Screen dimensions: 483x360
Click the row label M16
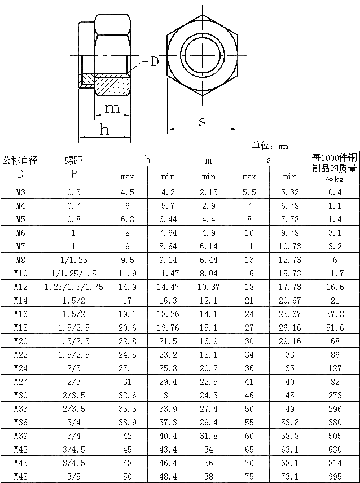(x=20, y=314)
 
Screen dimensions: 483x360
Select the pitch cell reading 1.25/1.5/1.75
(x=74, y=287)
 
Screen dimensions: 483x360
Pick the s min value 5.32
(x=289, y=192)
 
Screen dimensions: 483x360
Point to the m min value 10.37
(x=208, y=287)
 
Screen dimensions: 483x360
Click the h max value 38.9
(x=127, y=422)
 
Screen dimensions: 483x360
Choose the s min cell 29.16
(x=289, y=341)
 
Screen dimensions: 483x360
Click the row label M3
(x=20, y=192)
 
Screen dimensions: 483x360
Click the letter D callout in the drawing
(x=154, y=62)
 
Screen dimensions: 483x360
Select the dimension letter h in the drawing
(x=104, y=130)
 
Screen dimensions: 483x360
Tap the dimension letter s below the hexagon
(x=202, y=121)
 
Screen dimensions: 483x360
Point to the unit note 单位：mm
(x=270, y=146)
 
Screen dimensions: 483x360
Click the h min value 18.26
(x=168, y=314)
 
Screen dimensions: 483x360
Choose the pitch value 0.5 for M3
(x=74, y=192)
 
